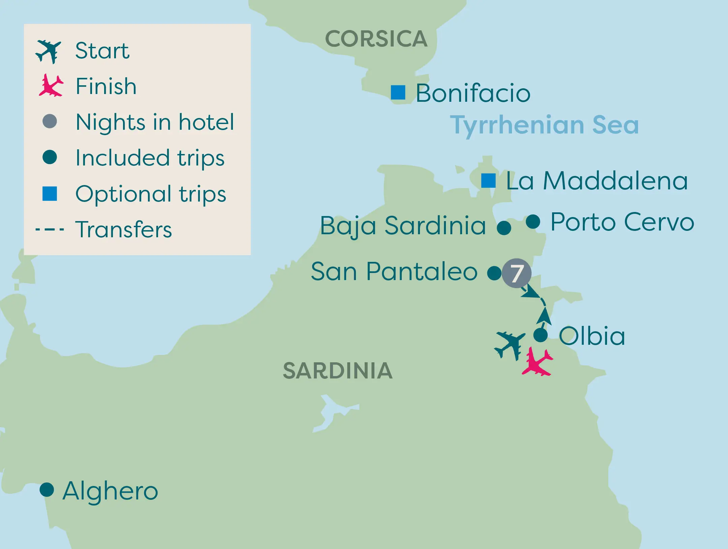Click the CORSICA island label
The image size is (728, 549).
point(376,39)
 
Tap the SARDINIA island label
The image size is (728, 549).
point(338,371)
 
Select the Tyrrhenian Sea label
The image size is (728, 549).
point(544,125)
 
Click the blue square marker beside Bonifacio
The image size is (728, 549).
point(398,92)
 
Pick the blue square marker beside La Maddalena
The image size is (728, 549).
point(488,181)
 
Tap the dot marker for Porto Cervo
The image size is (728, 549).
point(533,221)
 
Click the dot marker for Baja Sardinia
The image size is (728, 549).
point(504,228)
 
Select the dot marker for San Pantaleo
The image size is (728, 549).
point(494,273)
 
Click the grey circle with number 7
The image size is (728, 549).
point(516,273)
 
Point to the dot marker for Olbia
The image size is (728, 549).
point(541,335)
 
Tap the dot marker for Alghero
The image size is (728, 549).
point(47,490)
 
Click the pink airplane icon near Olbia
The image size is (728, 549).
point(537,362)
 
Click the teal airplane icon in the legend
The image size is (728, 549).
point(49,51)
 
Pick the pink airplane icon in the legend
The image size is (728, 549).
point(51,86)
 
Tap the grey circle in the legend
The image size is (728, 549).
point(50,121)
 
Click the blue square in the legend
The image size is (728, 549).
point(50,193)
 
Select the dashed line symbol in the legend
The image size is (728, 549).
point(50,230)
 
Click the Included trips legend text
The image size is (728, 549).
point(150,158)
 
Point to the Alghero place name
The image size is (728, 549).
point(110,491)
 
